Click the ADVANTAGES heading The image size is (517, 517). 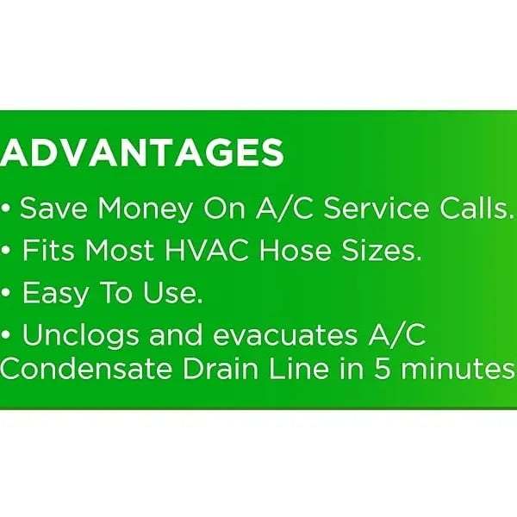(x=142, y=153)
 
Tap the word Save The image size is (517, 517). (x=54, y=209)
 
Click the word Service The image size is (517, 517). (x=377, y=209)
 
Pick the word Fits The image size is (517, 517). (x=48, y=250)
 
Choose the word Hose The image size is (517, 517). (x=295, y=250)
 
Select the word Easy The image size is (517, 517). (x=56, y=294)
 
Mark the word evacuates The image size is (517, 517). (x=285, y=335)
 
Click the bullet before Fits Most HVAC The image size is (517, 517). (x=6, y=250)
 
